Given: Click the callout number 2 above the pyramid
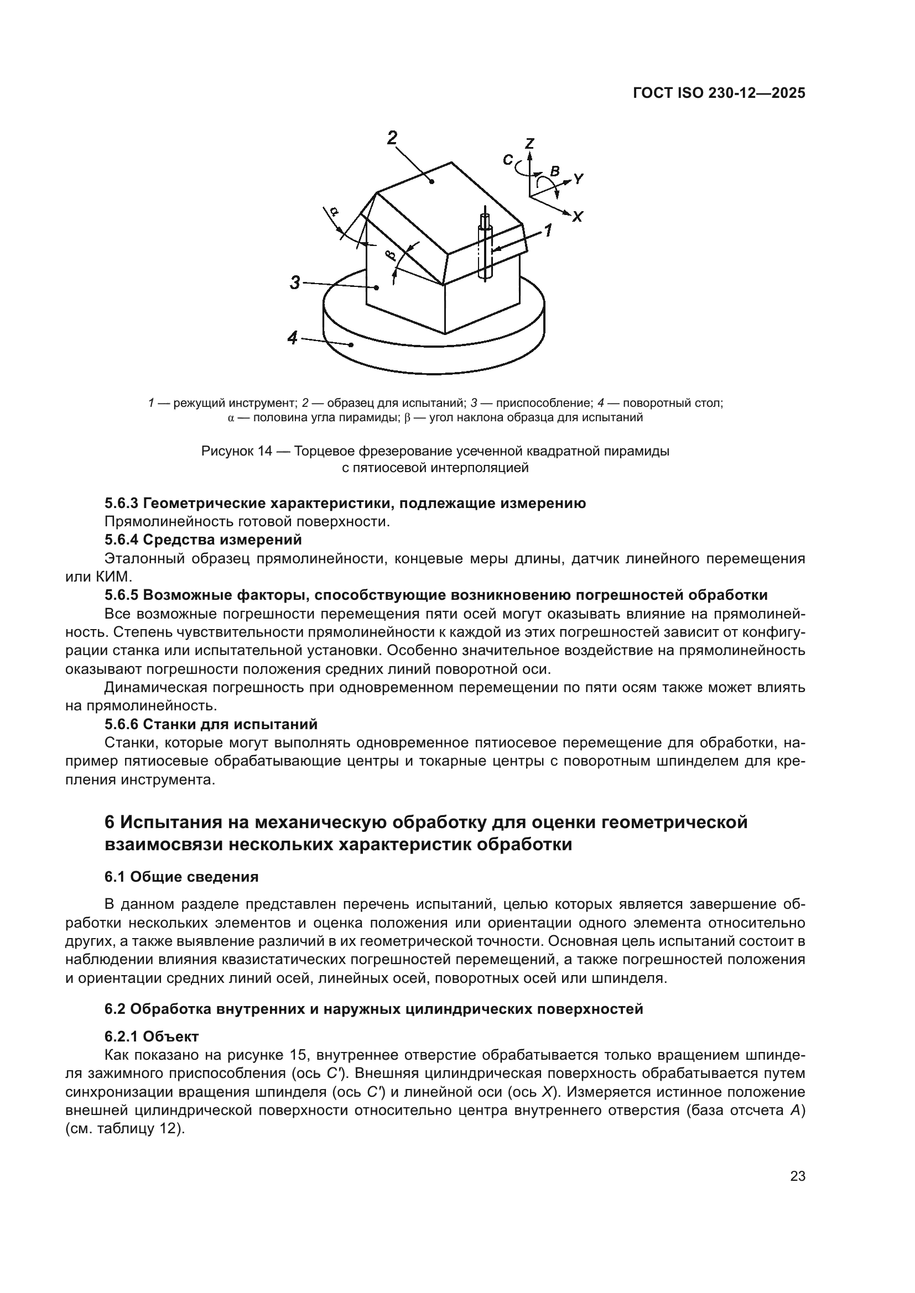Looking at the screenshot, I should coord(393,138).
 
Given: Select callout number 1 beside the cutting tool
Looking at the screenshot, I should coord(547,231).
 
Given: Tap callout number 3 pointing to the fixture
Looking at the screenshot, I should coord(295,282).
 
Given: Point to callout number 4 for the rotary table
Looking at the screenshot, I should coord(293,338).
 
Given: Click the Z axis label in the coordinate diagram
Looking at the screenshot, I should coord(529,144).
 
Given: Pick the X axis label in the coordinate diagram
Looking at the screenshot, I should coord(578,216).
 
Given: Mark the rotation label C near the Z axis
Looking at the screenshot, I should coord(508,160).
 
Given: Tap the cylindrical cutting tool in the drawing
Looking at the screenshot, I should coord(484,248).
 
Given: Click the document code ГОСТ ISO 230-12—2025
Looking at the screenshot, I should coord(719,93).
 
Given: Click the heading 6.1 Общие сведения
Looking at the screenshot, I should coord(181,877).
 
